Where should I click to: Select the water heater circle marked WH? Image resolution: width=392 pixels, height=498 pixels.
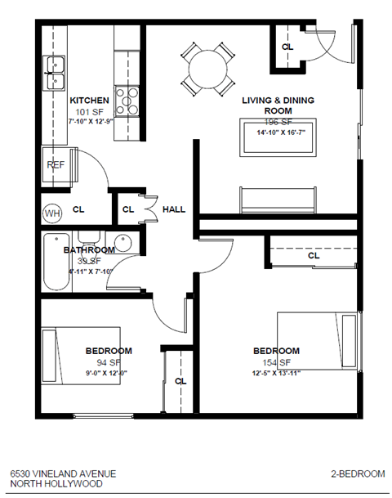click(x=51, y=213)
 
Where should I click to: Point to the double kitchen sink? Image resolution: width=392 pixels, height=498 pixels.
click(x=55, y=73)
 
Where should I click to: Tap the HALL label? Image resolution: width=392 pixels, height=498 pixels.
click(x=174, y=209)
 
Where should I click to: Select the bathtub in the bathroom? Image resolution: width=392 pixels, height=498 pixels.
click(x=56, y=263)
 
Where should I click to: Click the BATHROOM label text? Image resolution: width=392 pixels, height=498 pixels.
click(x=89, y=250)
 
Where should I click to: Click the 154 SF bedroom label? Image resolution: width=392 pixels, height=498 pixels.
click(x=276, y=352)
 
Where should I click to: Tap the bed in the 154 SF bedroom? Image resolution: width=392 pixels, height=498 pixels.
click(x=318, y=344)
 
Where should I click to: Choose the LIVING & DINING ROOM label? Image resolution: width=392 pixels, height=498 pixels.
click(x=278, y=105)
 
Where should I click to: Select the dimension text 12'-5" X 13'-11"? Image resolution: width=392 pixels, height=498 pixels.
click(x=276, y=375)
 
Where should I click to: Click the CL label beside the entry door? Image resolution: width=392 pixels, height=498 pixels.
click(x=287, y=47)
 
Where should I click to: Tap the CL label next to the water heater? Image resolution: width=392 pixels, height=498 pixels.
click(x=78, y=209)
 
